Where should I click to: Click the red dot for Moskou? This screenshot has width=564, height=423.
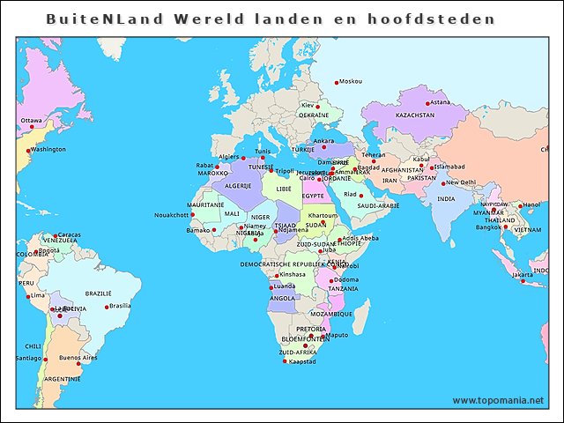tap(337, 82)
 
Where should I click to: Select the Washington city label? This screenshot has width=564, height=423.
tap(48, 149)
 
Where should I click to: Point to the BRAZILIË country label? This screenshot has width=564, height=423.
tap(98, 293)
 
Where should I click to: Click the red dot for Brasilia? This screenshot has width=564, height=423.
tap(107, 307)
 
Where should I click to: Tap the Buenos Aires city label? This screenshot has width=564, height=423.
tap(78, 357)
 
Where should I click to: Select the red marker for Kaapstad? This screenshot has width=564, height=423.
tap(285, 361)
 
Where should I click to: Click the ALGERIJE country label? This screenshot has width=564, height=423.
tap(238, 186)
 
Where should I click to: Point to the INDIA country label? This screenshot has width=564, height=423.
tap(447, 199)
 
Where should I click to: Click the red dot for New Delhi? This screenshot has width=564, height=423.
tap(442, 183)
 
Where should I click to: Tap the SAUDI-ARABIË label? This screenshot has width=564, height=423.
tap(378, 205)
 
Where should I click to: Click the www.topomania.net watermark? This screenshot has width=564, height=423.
tap(498, 400)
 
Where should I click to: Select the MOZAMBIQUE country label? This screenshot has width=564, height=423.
tap(330, 314)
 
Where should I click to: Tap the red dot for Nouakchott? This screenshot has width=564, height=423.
tap(192, 215)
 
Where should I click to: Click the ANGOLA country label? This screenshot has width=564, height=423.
tap(282, 298)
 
